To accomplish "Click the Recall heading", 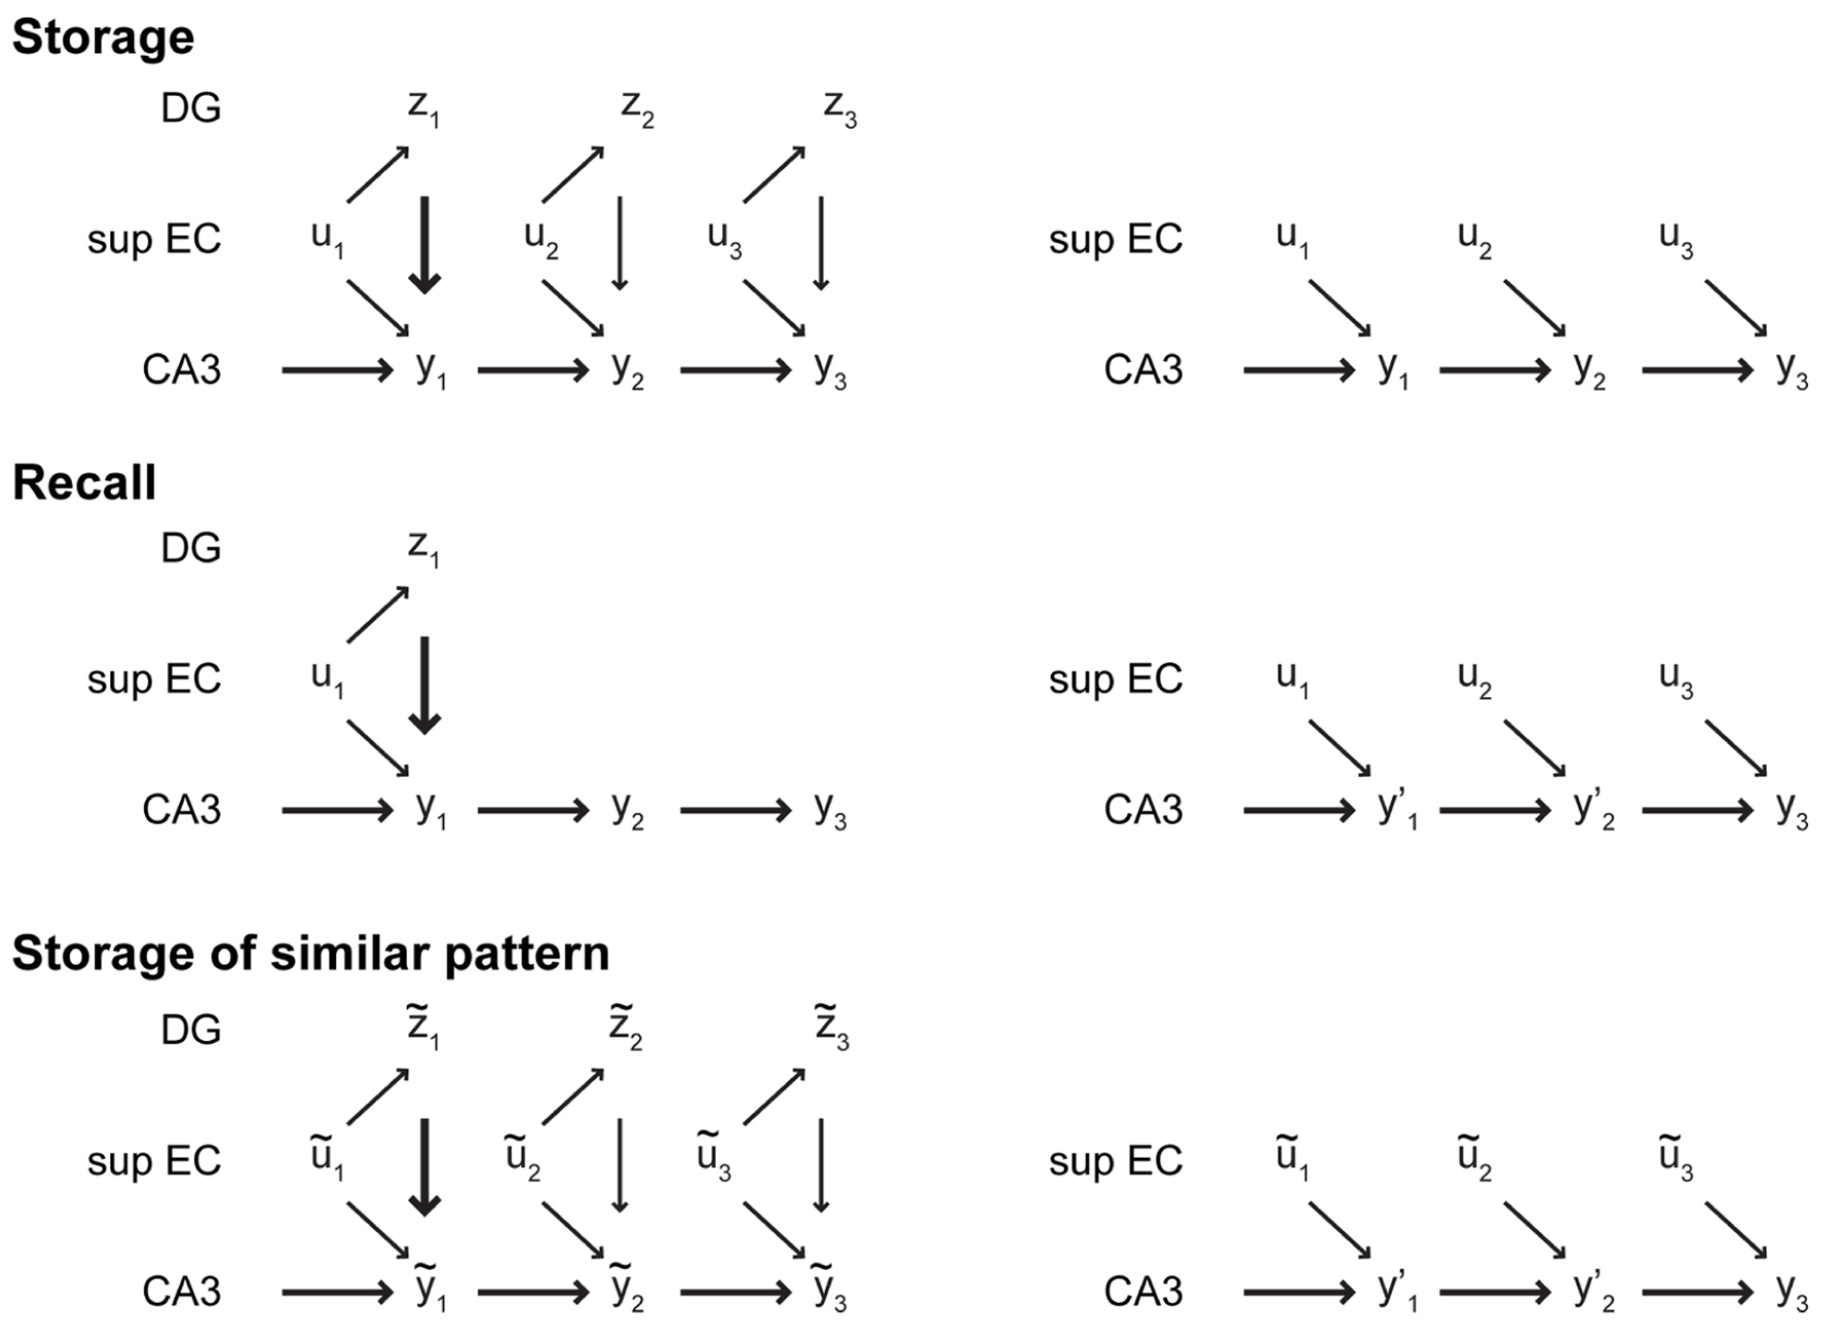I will click(x=84, y=483).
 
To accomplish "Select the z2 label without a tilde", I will click(x=637, y=109).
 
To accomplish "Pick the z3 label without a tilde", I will click(x=839, y=109).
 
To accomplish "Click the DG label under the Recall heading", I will click(x=191, y=549).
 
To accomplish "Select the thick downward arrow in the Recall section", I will click(x=424, y=685).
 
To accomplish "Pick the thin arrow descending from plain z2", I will click(x=619, y=243).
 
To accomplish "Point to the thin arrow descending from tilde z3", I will click(x=820, y=1165).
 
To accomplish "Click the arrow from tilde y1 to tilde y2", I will click(x=533, y=1293).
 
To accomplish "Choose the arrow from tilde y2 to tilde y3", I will click(x=736, y=1293).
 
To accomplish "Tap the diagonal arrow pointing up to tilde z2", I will click(x=573, y=1096).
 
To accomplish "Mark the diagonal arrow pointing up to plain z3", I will click(x=774, y=175).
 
